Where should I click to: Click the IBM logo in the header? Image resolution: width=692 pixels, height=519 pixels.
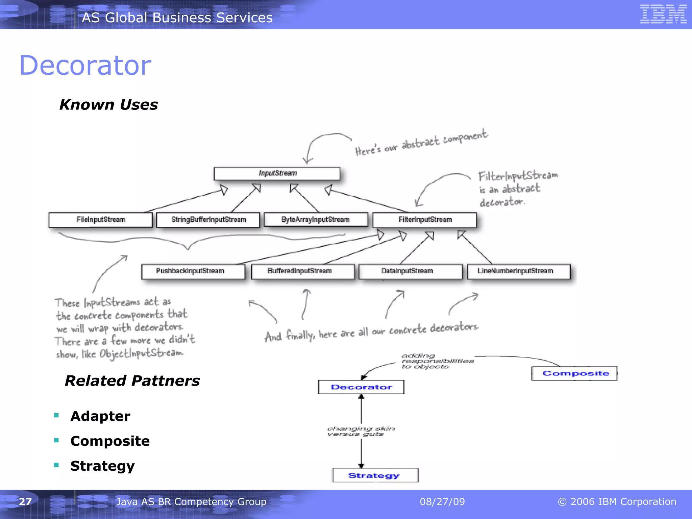tap(663, 14)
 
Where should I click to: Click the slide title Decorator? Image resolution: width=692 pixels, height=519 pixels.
tap(85, 65)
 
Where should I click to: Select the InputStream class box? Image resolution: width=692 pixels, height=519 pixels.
tap(277, 174)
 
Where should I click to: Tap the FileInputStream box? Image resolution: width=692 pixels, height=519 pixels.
tap(101, 220)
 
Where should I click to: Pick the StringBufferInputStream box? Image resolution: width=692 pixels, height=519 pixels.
tap(208, 220)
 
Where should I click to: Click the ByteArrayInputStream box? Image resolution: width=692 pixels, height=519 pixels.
tap(316, 220)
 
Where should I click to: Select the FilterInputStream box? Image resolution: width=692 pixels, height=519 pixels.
tap(425, 220)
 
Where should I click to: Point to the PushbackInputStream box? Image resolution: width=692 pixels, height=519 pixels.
tap(193, 271)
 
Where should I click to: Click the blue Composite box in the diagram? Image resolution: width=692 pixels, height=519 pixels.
tap(574, 373)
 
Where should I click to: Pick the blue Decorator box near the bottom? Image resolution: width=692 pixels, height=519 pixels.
tap(361, 387)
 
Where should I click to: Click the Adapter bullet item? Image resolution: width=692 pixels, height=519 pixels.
tap(100, 416)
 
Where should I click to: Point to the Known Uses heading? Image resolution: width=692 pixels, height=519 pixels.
tap(108, 105)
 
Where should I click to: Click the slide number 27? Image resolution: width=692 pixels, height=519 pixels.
tap(25, 501)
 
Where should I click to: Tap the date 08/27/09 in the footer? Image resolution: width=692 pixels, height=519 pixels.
tap(442, 501)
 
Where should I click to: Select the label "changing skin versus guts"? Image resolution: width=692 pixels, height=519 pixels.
tap(361, 431)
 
